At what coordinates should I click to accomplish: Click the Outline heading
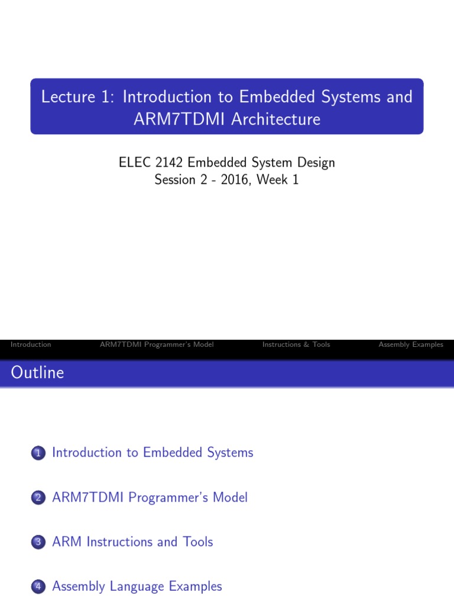37,373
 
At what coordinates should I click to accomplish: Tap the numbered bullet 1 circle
38,454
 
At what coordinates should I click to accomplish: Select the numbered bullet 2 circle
38,499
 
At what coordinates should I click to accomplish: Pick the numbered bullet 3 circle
38,542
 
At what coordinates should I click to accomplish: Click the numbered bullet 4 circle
38,587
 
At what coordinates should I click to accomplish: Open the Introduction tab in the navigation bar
31,344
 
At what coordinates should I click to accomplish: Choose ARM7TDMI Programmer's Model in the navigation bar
157,344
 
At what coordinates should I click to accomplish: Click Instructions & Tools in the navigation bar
296,344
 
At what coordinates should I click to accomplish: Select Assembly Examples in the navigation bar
411,344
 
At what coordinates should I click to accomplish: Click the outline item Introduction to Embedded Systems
153,453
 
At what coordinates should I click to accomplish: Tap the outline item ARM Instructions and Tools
132,542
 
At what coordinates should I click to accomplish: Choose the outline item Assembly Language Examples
137,587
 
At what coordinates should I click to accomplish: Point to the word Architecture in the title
275,119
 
